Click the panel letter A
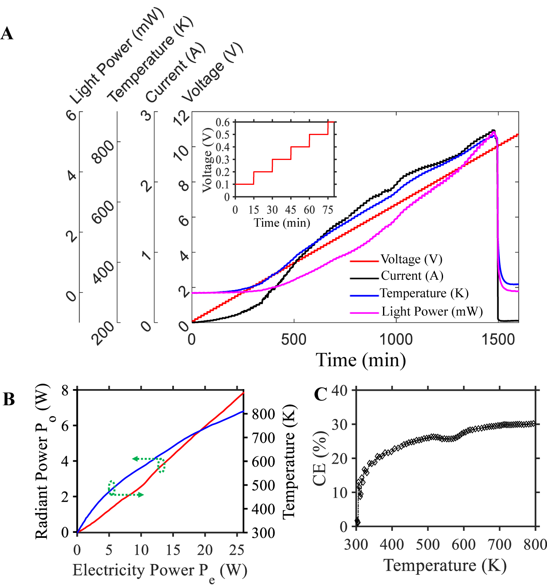(7, 34)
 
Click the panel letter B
(9, 399)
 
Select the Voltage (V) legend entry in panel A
(411, 259)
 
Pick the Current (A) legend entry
(412, 276)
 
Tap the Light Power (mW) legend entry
(432, 312)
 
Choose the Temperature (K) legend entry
(424, 293)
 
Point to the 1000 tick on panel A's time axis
(396, 339)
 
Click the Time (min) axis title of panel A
(361, 360)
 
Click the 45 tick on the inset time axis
(291, 210)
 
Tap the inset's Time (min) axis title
(282, 223)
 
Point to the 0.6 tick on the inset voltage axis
(222, 122)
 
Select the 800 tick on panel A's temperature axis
(103, 151)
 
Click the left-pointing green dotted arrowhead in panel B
(135, 459)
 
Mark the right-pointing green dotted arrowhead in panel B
(141, 495)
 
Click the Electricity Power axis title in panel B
(159, 571)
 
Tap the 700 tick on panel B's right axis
(263, 438)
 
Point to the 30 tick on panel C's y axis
(340, 424)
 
